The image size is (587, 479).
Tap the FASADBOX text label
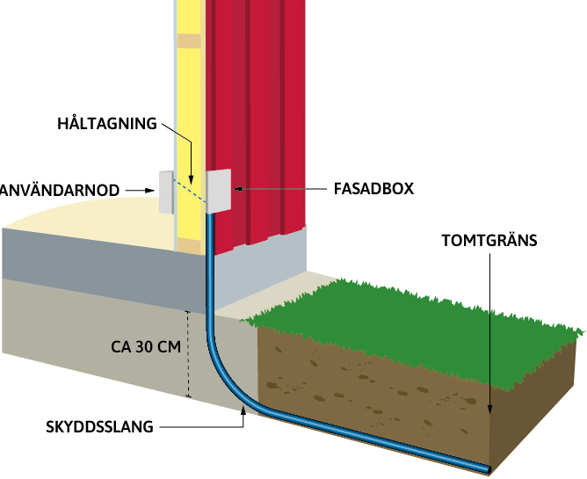(x=373, y=188)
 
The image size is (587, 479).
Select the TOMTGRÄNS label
(x=488, y=239)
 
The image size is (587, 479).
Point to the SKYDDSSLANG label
(x=99, y=428)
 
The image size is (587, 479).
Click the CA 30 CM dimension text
(x=146, y=346)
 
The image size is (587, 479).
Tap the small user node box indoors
(x=166, y=191)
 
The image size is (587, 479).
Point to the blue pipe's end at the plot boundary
(x=484, y=466)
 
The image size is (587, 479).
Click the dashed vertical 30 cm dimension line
(x=188, y=352)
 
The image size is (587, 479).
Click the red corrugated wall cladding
(x=264, y=105)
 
